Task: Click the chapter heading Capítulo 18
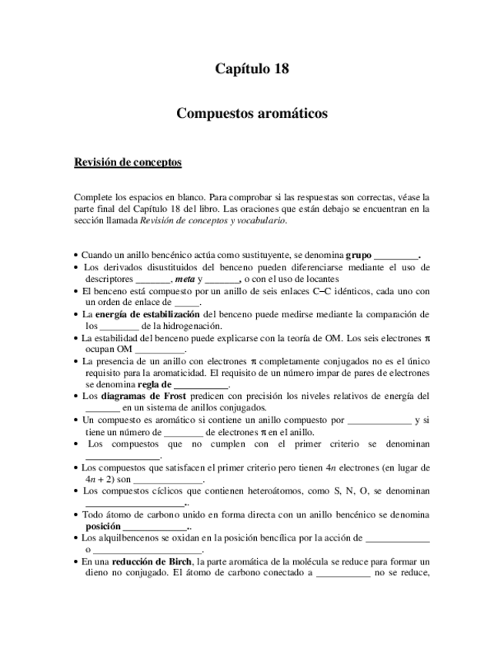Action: click(252, 69)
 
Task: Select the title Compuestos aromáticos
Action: click(252, 113)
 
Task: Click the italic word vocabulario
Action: click(259, 220)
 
